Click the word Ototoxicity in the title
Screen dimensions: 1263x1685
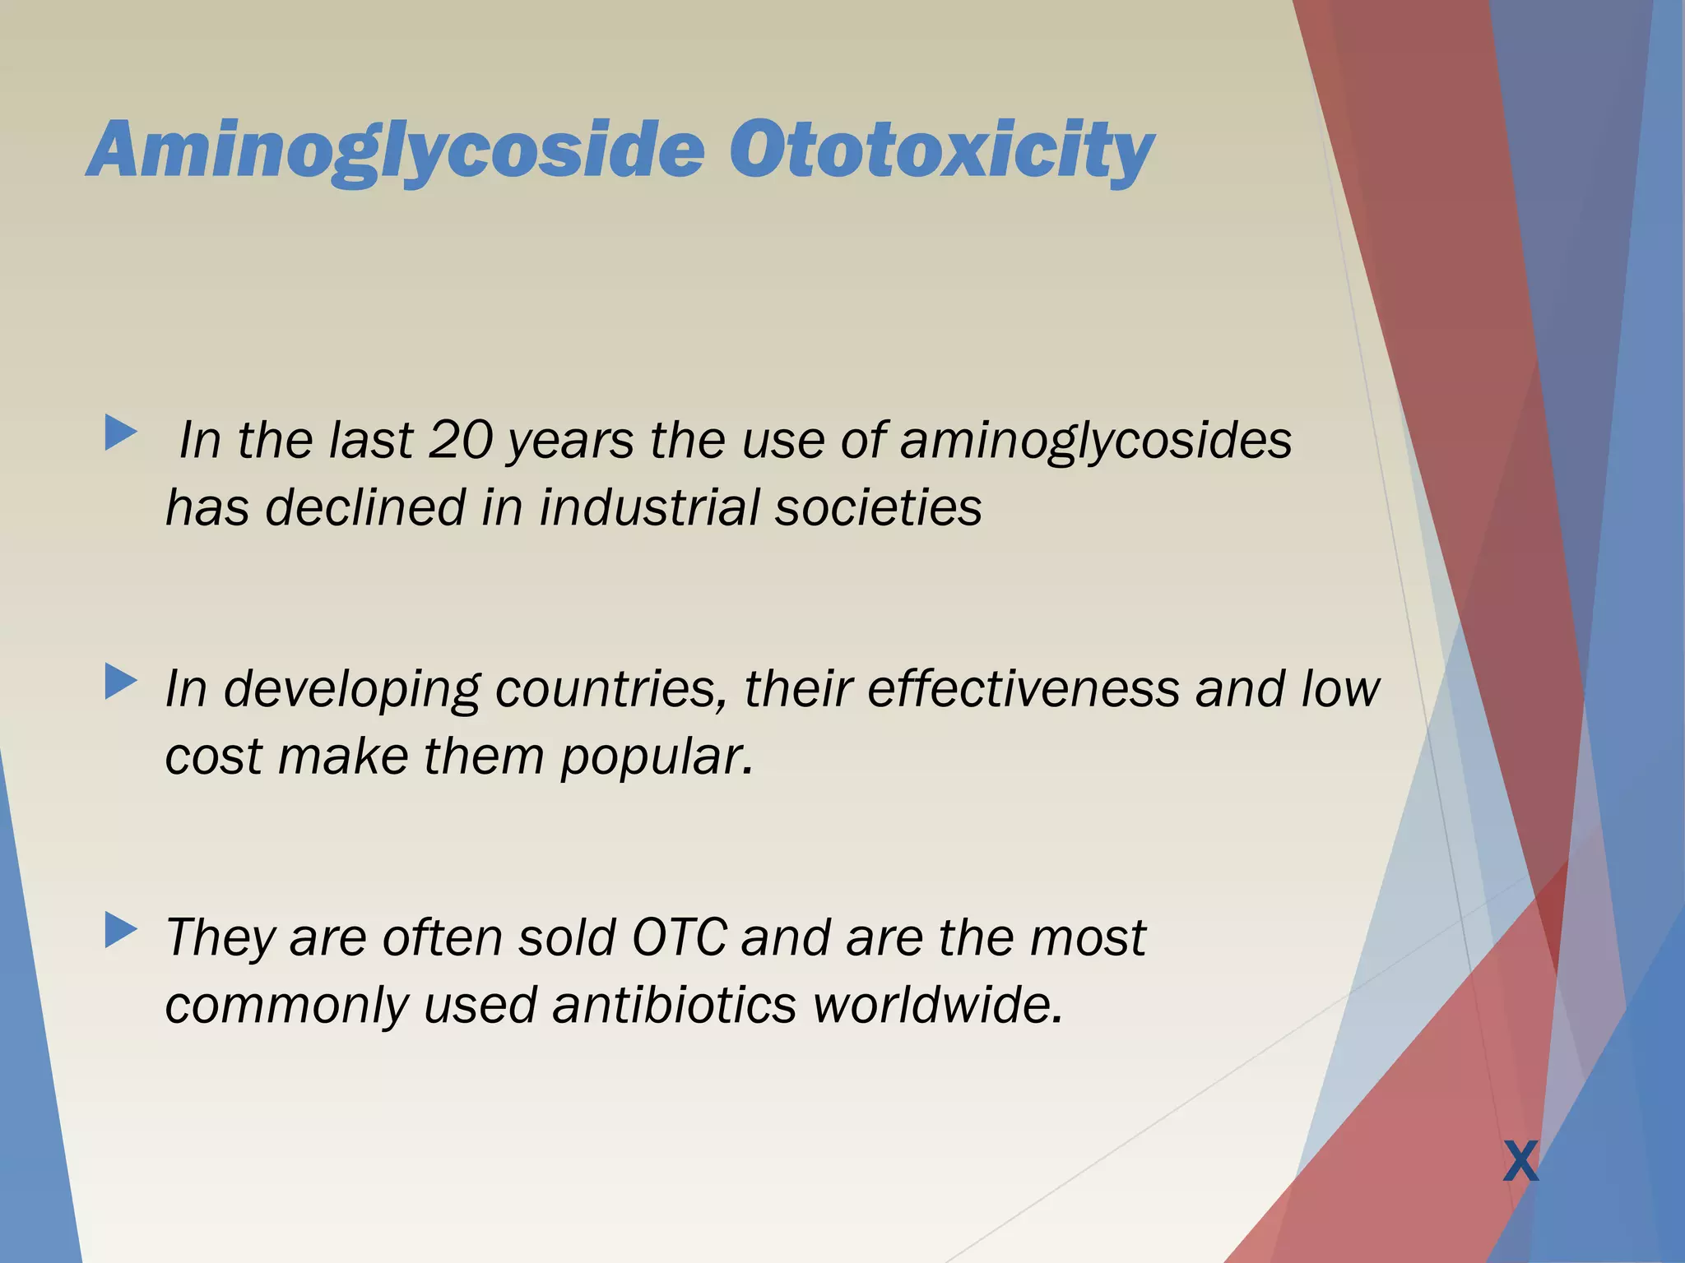pyautogui.click(x=941, y=150)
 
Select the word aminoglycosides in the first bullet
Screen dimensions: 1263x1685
pyautogui.click(x=1096, y=440)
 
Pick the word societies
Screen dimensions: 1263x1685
pyautogui.click(x=878, y=507)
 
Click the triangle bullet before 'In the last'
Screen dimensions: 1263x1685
pyautogui.click(x=120, y=433)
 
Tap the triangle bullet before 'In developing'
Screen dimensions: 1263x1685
pyautogui.click(x=120, y=682)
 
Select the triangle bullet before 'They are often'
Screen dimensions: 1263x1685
pyautogui.click(x=120, y=931)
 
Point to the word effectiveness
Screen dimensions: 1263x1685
pyautogui.click(x=1024, y=689)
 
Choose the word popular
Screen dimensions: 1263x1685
pyautogui.click(x=656, y=757)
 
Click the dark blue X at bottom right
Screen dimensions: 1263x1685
pyautogui.click(x=1520, y=1162)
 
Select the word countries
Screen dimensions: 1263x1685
pyautogui.click(x=611, y=689)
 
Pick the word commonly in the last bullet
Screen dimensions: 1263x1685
pyautogui.click(x=286, y=1006)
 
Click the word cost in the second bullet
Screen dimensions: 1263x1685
pyautogui.click(x=214, y=757)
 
